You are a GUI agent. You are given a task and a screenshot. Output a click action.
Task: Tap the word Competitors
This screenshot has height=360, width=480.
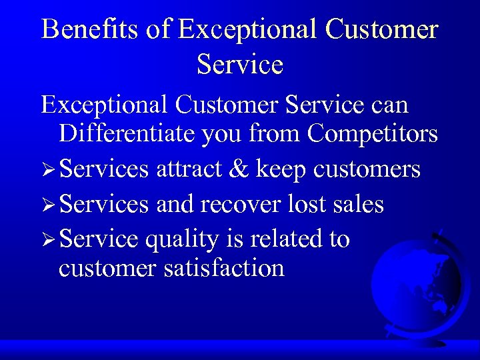(372, 134)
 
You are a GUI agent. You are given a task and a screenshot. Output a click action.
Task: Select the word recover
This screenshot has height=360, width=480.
(234, 204)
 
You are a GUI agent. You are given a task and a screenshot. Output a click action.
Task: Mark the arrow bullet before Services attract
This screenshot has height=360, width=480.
(47, 171)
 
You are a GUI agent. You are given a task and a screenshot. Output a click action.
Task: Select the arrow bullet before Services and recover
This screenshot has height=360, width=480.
(47, 205)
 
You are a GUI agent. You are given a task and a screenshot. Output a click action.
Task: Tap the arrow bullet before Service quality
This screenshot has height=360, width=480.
(47, 240)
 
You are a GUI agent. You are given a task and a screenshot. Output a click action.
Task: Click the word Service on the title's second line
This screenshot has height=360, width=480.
(240, 65)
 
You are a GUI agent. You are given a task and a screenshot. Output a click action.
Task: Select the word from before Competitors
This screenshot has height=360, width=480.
(275, 134)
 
